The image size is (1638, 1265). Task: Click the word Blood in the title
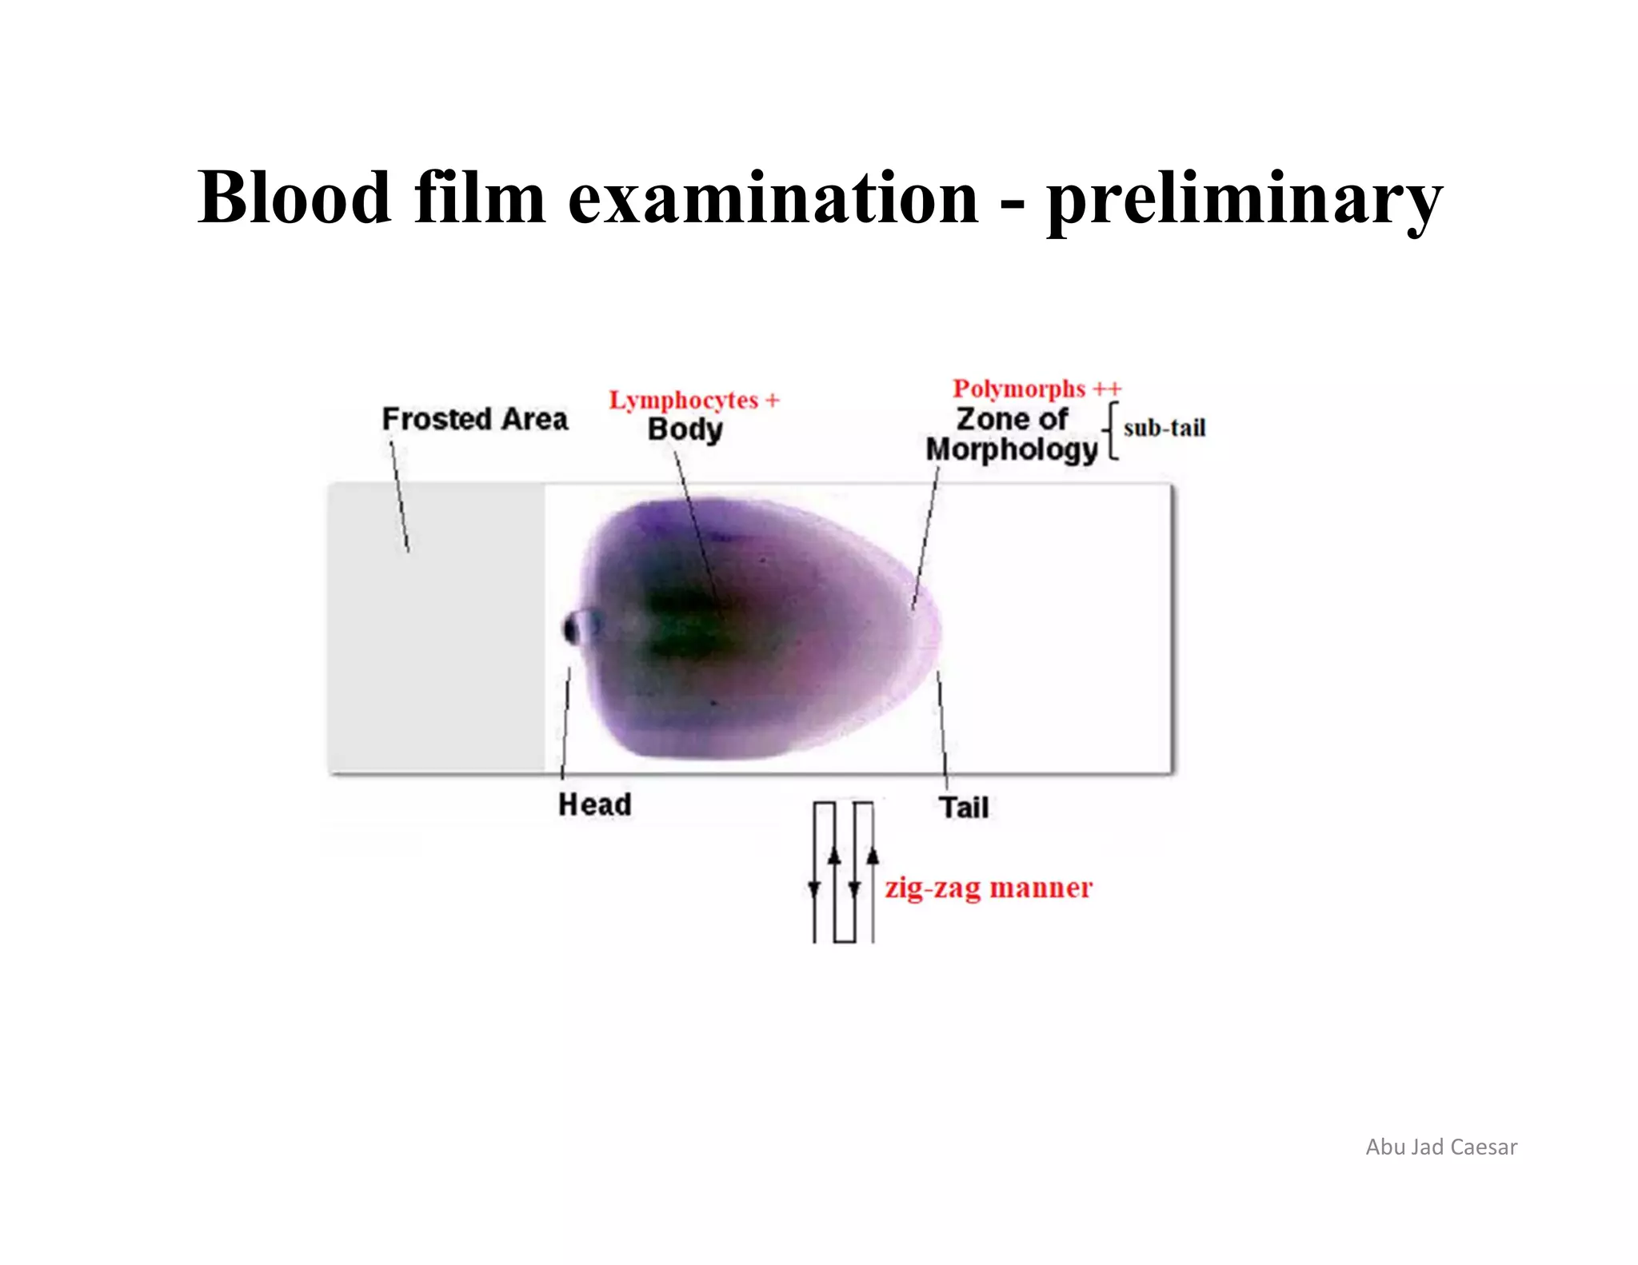point(294,198)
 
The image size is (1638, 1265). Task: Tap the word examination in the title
point(773,198)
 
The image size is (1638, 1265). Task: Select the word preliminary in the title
point(1244,200)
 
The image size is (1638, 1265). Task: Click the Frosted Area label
point(475,419)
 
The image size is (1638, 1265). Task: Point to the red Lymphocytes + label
point(693,400)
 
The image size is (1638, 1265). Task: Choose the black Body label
point(685,429)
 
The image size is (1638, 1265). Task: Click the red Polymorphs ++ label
point(1037,389)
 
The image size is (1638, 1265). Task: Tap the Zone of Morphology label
point(1012,434)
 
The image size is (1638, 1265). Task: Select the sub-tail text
point(1164,429)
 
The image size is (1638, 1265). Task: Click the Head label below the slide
point(595,804)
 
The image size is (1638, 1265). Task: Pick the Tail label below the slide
point(964,808)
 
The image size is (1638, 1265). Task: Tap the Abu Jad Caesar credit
point(1440,1147)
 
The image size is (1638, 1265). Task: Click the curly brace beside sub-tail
point(1111,432)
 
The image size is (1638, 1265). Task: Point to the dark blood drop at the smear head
point(573,629)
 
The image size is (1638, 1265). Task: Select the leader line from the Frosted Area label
point(399,496)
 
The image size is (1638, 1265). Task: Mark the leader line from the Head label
point(565,720)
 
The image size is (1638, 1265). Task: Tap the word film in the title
point(480,198)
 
